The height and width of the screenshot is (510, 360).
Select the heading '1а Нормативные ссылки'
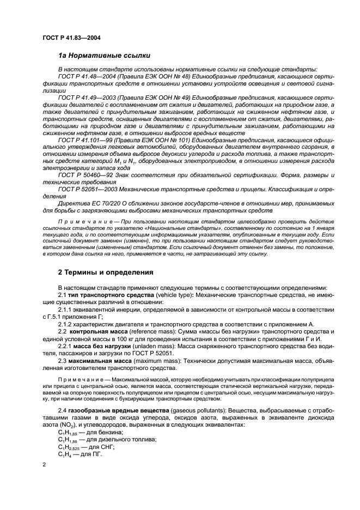pyautogui.click(x=101, y=56)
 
